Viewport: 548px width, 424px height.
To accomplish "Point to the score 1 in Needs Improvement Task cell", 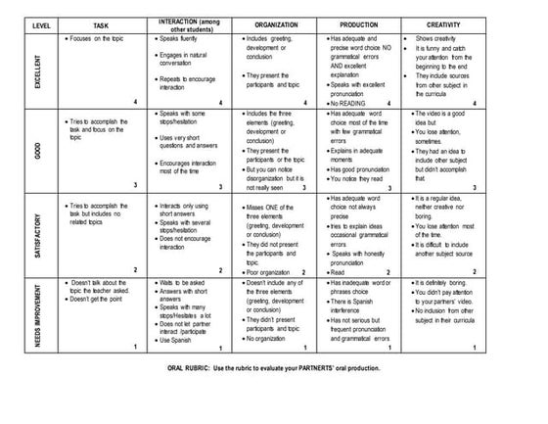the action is (134, 349).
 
